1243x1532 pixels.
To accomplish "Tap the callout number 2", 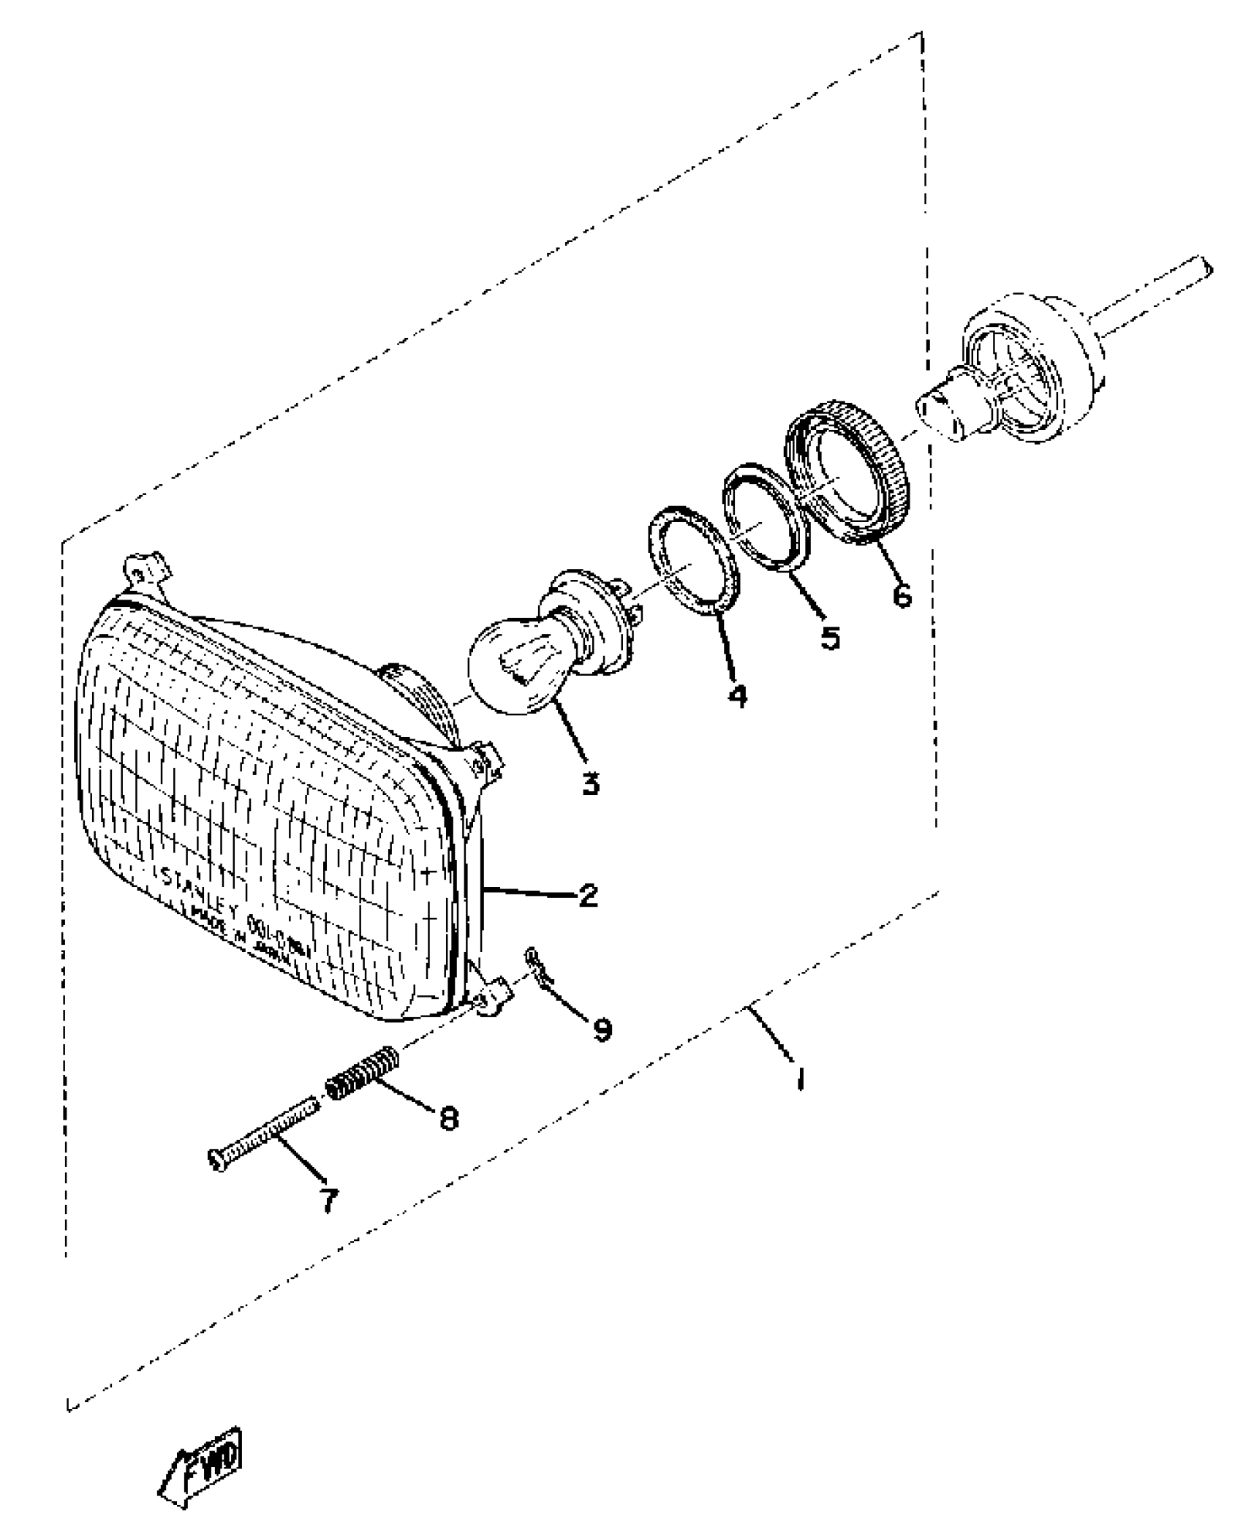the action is [x=588, y=896].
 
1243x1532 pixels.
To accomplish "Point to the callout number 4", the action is [x=737, y=695].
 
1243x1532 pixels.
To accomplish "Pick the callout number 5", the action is [x=829, y=638].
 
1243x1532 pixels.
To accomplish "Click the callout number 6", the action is [x=902, y=596].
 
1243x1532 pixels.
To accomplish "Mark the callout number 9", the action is [x=602, y=1030].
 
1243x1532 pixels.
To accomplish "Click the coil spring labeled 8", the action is [x=362, y=1073].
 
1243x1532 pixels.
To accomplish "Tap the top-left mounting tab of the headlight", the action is [x=143, y=567].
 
